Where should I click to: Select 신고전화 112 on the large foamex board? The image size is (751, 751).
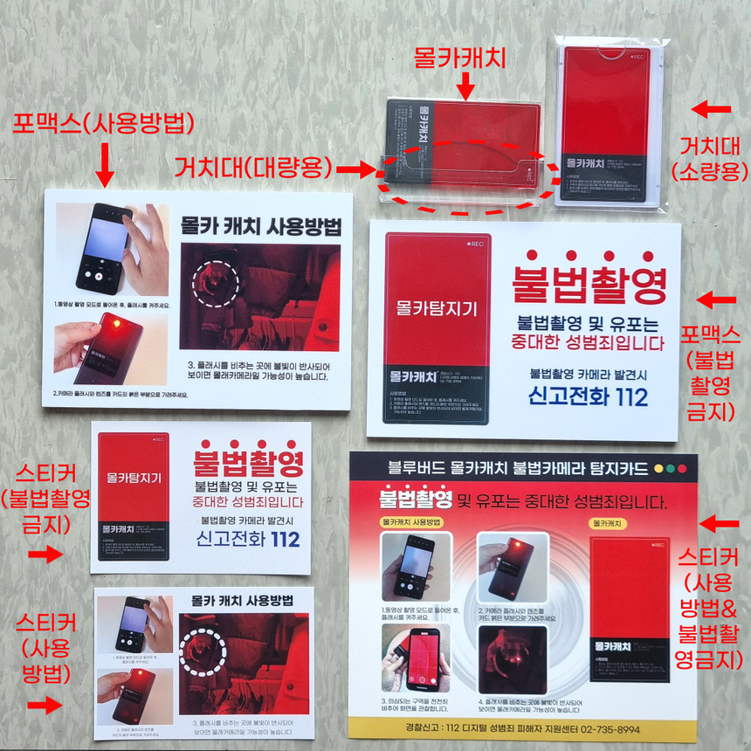coord(588,396)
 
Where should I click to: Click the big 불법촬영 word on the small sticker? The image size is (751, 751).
coord(248,460)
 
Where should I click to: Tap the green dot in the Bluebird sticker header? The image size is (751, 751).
coord(683,469)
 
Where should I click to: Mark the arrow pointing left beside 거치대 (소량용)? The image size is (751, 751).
coord(712,109)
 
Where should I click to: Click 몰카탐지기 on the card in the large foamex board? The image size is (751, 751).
coord(437,307)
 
